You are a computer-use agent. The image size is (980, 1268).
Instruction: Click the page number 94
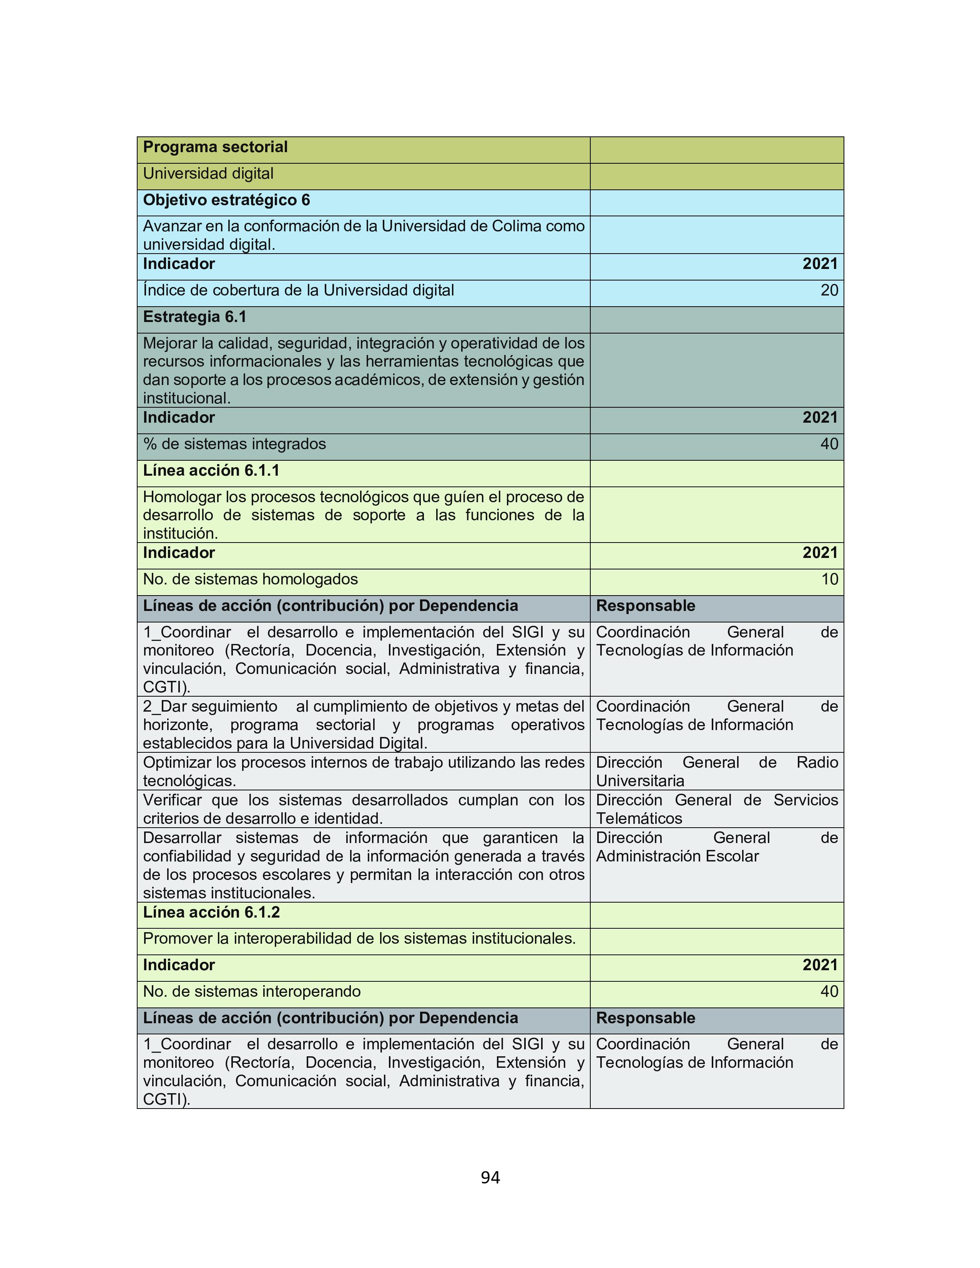(x=490, y=1177)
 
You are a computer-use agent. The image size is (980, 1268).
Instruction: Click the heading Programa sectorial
(x=215, y=148)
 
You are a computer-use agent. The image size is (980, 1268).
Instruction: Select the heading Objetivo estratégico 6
(x=226, y=200)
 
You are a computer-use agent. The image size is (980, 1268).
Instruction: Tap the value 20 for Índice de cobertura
(x=829, y=290)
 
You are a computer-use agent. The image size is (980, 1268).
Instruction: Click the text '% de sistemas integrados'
(x=234, y=444)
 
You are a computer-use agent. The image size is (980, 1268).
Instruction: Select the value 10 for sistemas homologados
(x=830, y=579)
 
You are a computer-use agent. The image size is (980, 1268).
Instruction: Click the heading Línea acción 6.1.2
(x=211, y=913)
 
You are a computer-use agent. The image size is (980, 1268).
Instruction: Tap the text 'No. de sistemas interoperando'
(x=251, y=992)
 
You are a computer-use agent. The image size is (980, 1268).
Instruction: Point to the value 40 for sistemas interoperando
(x=829, y=992)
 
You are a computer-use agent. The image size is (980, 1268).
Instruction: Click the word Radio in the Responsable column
(x=817, y=762)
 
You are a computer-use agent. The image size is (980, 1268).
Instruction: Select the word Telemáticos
(x=639, y=818)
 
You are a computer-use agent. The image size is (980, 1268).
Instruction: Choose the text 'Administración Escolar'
(x=677, y=856)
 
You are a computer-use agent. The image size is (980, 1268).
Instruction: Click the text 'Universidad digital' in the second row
(x=208, y=174)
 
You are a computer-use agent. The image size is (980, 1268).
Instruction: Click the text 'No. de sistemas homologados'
(x=250, y=579)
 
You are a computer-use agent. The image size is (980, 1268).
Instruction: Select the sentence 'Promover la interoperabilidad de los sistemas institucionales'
(x=359, y=939)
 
